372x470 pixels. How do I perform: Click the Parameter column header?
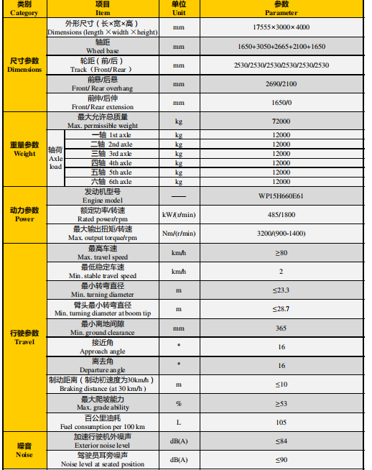(x=281, y=9)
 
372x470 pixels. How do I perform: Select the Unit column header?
(x=178, y=9)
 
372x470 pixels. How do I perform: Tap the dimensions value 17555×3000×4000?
(x=281, y=27)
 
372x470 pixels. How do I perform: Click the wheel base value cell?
(x=281, y=47)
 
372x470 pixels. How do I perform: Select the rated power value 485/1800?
(x=281, y=215)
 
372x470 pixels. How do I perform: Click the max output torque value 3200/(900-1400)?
(x=281, y=234)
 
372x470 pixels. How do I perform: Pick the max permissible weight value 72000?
(x=281, y=121)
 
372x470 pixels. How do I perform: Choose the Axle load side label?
(x=55, y=158)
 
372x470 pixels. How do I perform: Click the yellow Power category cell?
(x=24, y=215)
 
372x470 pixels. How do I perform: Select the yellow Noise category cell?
(x=24, y=451)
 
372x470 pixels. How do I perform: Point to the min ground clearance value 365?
(x=281, y=328)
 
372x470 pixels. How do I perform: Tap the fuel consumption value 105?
(x=281, y=422)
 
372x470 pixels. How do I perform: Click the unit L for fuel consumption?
(x=178, y=422)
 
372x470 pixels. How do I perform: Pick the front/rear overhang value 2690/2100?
(x=281, y=84)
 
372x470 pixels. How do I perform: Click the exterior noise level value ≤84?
(x=281, y=441)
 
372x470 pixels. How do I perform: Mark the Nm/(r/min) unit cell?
(x=178, y=234)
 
